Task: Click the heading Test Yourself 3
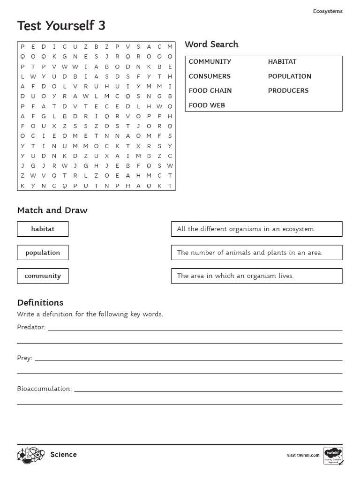point(61,26)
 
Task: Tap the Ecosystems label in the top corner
point(328,11)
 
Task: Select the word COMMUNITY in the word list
point(210,62)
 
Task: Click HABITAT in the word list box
point(282,62)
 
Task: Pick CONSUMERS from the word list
point(210,76)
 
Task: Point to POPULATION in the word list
point(289,76)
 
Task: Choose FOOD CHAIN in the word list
point(210,91)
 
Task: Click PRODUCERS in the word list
point(288,91)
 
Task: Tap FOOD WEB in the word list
point(207,105)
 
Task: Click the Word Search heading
point(211,45)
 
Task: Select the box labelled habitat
point(43,229)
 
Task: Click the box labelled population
point(43,253)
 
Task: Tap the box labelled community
point(43,276)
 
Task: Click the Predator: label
point(31,327)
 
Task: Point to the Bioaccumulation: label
point(44,389)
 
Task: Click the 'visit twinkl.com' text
point(303,455)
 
